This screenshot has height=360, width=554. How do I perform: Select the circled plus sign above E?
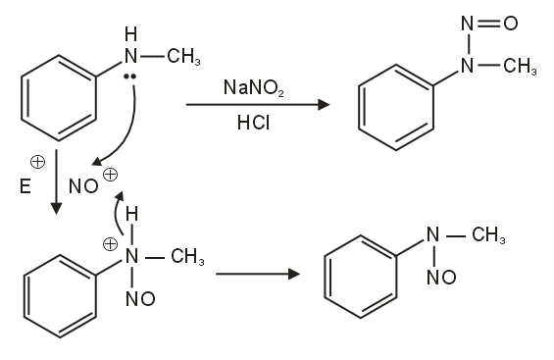(36, 162)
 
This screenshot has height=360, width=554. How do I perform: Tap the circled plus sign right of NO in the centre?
(110, 176)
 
